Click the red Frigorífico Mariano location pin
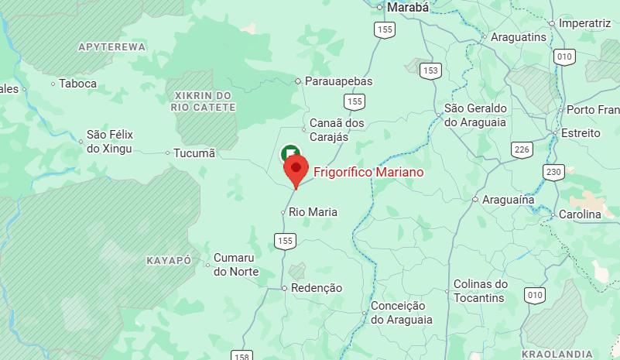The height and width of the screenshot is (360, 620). (x=296, y=169)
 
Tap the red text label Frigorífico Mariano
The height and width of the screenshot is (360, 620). (x=368, y=171)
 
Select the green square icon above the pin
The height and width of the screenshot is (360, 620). (x=290, y=153)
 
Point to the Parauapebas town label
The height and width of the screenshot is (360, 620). (x=339, y=81)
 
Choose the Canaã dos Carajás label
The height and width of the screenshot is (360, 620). (x=337, y=129)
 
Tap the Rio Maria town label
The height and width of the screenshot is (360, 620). (x=313, y=211)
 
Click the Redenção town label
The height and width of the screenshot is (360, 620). (x=316, y=288)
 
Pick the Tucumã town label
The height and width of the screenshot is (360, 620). (x=194, y=153)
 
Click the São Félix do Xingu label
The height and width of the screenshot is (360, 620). (x=109, y=142)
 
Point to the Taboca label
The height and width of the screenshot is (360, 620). (x=77, y=84)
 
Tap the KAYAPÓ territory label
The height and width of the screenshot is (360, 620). (x=169, y=261)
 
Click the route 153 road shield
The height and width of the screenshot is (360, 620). (x=430, y=70)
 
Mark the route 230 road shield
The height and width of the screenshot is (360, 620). (x=553, y=171)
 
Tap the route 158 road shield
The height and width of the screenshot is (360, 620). (x=241, y=355)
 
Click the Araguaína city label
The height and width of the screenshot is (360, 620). (x=509, y=200)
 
